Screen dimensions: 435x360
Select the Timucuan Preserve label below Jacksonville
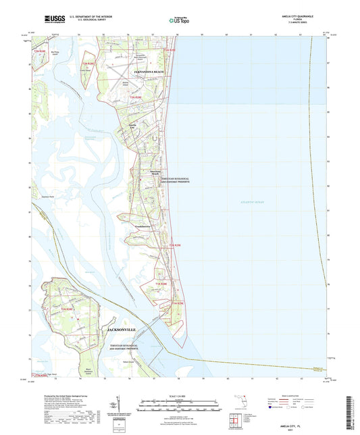coord(125,347)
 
